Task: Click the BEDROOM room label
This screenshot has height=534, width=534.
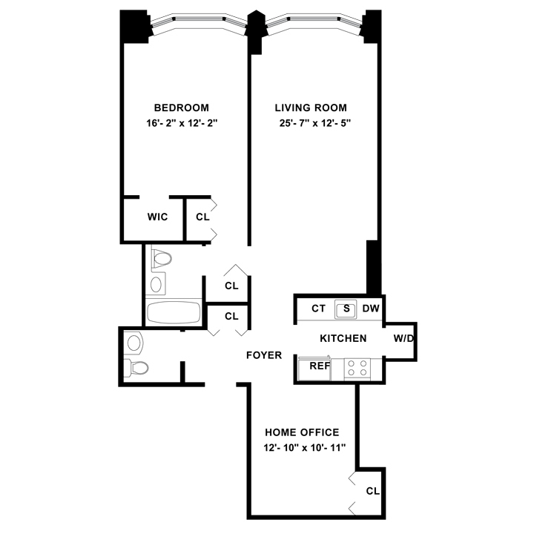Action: [182, 108]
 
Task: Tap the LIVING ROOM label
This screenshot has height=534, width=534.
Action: [311, 108]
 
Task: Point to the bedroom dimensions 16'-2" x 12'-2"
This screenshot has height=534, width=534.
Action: [182, 123]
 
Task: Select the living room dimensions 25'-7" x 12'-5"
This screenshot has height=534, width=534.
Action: [315, 123]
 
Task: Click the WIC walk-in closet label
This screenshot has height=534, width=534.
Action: [158, 217]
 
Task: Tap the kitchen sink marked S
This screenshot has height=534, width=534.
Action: [346, 309]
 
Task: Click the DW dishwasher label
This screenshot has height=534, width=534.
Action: [371, 309]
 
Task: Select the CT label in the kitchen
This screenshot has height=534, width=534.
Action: [318, 309]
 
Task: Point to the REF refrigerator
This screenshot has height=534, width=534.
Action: [314, 368]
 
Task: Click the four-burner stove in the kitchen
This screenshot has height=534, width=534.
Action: [357, 368]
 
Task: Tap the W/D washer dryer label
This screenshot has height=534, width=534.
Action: [403, 338]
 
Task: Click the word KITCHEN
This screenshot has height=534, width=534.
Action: [343, 338]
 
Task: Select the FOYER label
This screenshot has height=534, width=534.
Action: [264, 355]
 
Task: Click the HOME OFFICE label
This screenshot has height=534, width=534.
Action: [302, 432]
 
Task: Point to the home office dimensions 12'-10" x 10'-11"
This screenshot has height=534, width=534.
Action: [305, 447]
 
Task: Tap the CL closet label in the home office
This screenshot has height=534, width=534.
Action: [372, 491]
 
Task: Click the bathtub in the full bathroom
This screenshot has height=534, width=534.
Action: [174, 313]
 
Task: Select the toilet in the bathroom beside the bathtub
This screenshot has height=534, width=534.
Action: [160, 259]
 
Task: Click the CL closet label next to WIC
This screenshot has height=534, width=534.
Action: [202, 217]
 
